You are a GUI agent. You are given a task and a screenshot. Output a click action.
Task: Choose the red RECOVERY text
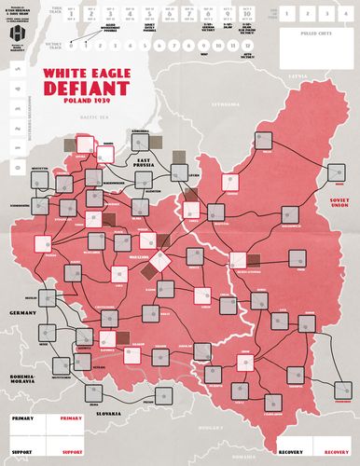click(x=325, y=438)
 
